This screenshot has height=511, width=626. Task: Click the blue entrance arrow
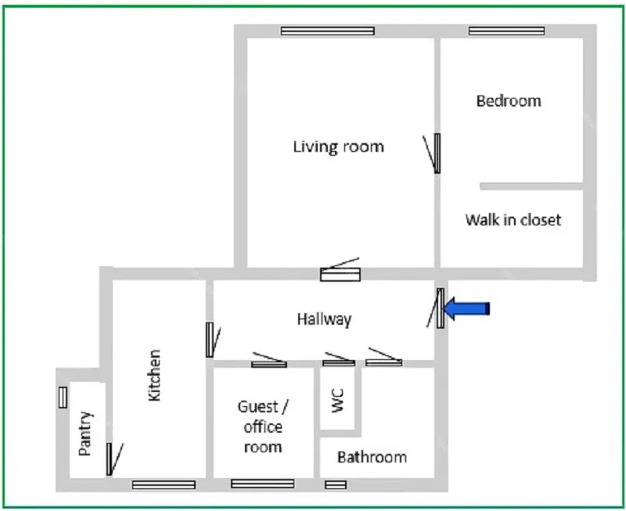click(x=466, y=308)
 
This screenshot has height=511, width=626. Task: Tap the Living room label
click(x=339, y=147)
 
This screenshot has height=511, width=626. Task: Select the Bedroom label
click(x=509, y=101)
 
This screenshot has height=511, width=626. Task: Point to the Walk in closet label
click(x=513, y=220)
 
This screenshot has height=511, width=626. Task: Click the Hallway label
click(x=324, y=319)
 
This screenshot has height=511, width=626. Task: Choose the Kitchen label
click(x=154, y=376)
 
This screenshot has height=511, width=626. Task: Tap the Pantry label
click(x=85, y=434)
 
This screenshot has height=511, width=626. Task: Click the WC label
click(x=338, y=401)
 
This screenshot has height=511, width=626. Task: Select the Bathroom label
click(x=372, y=457)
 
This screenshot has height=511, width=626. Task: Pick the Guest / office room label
click(x=263, y=426)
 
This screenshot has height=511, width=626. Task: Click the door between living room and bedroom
click(x=434, y=153)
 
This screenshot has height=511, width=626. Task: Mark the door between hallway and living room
click(x=340, y=270)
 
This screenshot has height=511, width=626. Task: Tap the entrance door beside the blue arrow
click(x=437, y=308)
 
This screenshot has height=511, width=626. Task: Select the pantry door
click(x=113, y=459)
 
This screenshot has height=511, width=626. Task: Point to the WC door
click(x=339, y=359)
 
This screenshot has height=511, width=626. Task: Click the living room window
click(x=328, y=31)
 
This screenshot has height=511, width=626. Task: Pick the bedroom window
click(x=506, y=31)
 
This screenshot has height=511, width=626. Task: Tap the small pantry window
click(x=63, y=398)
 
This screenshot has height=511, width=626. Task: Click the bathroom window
click(x=336, y=484)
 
